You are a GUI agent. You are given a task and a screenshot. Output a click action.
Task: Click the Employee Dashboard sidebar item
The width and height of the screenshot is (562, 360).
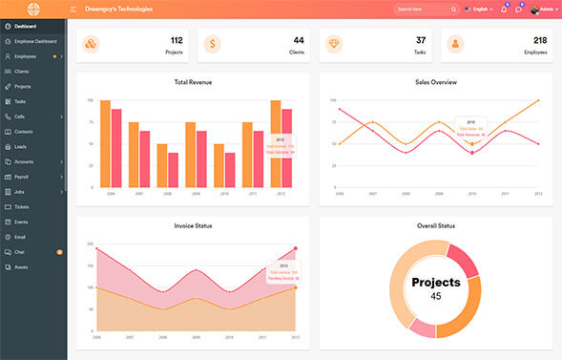[x=35, y=41]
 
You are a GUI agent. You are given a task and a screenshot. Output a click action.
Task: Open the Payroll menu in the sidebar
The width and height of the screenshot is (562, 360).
[x=22, y=177]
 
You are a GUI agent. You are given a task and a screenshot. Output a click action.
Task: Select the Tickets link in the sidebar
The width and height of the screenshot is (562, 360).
[x=22, y=206]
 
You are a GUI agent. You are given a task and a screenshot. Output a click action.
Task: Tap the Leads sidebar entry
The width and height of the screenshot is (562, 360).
[x=20, y=146]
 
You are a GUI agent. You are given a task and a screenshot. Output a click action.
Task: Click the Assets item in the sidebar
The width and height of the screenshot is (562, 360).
[x=21, y=266]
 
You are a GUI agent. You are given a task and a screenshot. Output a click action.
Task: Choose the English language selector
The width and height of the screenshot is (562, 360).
[x=477, y=9]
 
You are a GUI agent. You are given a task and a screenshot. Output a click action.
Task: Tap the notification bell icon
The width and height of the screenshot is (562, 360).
[x=503, y=10]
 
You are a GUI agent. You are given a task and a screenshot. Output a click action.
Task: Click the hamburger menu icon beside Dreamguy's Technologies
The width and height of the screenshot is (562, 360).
[x=73, y=9]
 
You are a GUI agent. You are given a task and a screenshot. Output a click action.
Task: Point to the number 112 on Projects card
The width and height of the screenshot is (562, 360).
[x=176, y=40]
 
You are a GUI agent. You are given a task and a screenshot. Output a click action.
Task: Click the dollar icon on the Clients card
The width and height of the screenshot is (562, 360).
[x=213, y=45]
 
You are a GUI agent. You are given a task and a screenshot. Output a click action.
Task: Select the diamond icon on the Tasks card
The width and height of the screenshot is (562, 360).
[x=334, y=45]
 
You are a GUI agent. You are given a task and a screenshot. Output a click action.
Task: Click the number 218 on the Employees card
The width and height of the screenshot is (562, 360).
[x=540, y=40]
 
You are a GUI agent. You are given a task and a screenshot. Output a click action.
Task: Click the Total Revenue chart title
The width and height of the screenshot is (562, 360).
[x=194, y=82]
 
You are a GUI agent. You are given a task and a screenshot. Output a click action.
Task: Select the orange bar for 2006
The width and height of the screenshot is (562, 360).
[x=105, y=143]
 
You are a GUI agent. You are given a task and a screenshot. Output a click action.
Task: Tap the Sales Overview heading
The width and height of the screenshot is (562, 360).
[x=435, y=82]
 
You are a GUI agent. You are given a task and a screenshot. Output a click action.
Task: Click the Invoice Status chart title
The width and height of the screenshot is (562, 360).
[x=194, y=225]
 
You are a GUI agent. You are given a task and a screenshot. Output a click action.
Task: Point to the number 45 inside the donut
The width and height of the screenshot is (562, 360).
[x=436, y=296]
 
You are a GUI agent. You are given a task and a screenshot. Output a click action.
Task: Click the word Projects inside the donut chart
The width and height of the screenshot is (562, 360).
[x=436, y=283]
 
